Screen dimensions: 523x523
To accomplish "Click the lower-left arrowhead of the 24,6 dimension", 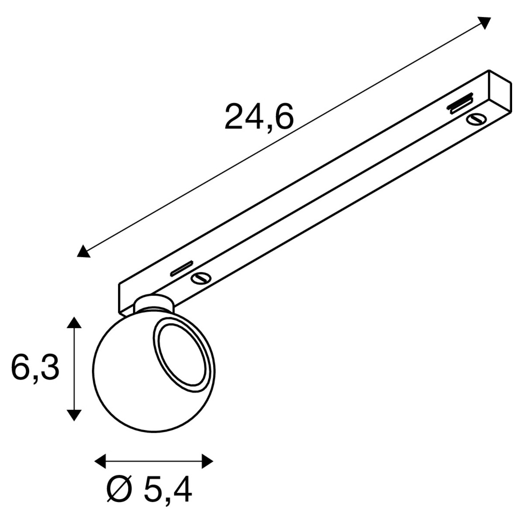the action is click(83, 251).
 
